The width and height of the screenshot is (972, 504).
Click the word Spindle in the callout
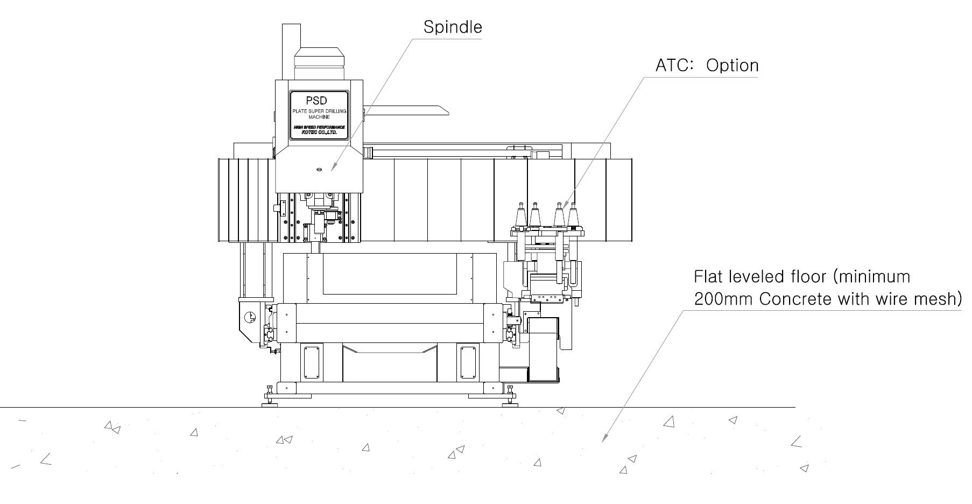click(452, 27)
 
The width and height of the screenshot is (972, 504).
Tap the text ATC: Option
click(706, 66)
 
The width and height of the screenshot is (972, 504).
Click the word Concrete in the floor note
click(796, 299)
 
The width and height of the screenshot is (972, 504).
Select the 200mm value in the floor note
click(723, 299)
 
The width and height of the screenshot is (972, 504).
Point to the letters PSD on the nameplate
click(316, 101)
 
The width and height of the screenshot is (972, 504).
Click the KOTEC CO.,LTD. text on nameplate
click(319, 132)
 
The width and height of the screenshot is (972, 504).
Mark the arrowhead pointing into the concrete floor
click(603, 440)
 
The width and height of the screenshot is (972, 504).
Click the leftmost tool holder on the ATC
click(520, 215)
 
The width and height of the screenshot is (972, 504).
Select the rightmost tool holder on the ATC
click(573, 215)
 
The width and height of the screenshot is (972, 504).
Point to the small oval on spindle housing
click(319, 170)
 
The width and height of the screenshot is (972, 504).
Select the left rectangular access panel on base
click(312, 362)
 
